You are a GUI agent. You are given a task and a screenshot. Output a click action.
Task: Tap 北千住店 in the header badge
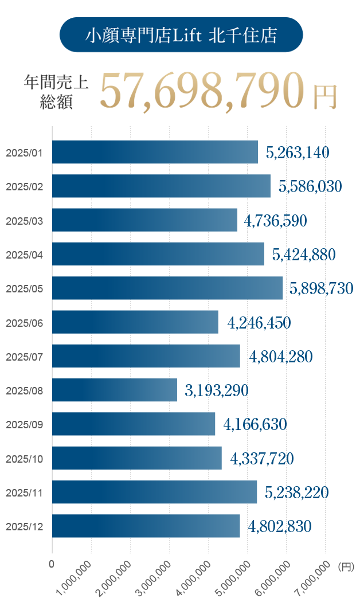point(244,36)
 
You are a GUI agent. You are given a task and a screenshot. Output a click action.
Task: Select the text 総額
point(56,101)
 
